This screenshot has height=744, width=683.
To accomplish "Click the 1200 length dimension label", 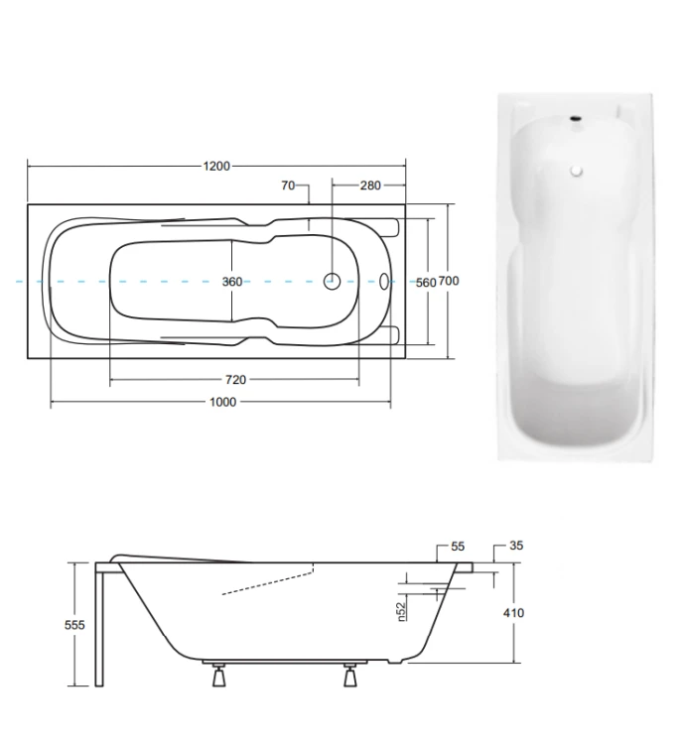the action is pyautogui.click(x=216, y=166).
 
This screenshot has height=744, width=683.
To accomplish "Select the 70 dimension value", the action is pyautogui.click(x=288, y=186).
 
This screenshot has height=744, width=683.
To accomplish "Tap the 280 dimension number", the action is pyautogui.click(x=370, y=186).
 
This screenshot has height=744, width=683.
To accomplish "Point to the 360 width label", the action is pyautogui.click(x=232, y=282).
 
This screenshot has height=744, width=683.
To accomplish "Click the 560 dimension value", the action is pyautogui.click(x=426, y=283).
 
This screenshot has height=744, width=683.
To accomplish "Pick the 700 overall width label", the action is pyautogui.click(x=449, y=282).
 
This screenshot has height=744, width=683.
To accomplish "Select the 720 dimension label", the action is pyautogui.click(x=235, y=380).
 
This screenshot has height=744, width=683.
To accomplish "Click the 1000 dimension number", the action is pyautogui.click(x=222, y=402).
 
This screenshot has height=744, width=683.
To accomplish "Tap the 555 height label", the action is pyautogui.click(x=74, y=625).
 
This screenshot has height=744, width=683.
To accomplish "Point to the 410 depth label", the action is pyautogui.click(x=513, y=613).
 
